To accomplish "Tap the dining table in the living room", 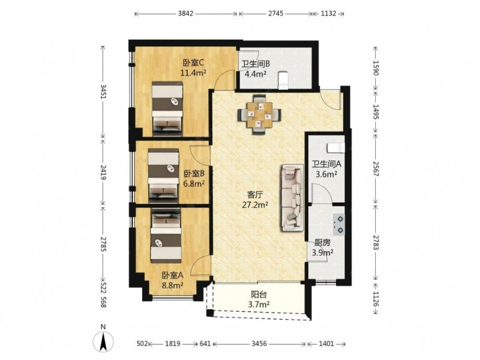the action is [260, 115].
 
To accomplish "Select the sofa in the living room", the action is [292, 198].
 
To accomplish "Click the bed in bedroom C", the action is [168, 108].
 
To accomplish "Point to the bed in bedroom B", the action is [163, 176].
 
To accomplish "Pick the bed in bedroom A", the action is [166, 236].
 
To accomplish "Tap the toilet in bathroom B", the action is [283, 80].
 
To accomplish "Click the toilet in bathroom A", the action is [336, 148].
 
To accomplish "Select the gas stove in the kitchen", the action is [339, 224].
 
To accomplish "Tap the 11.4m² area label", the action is [193, 73].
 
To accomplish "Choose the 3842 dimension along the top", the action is [186, 13].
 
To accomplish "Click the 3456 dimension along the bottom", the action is [259, 344].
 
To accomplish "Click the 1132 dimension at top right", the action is [328, 13].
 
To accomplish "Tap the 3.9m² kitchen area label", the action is [323, 253].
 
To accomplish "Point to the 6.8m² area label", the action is [194, 184].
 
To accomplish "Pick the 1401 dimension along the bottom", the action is [326, 344].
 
